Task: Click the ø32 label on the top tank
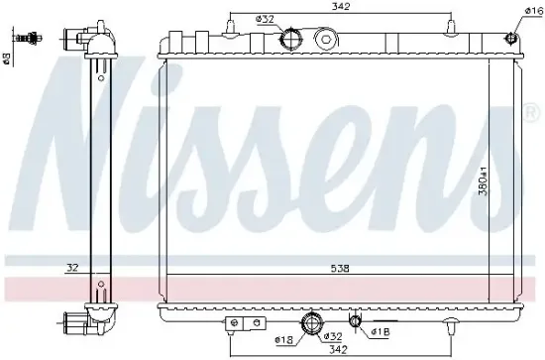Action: [264, 19]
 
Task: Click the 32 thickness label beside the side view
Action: [72, 267]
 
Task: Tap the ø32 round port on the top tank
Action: [292, 40]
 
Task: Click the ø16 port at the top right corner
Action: [511, 40]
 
